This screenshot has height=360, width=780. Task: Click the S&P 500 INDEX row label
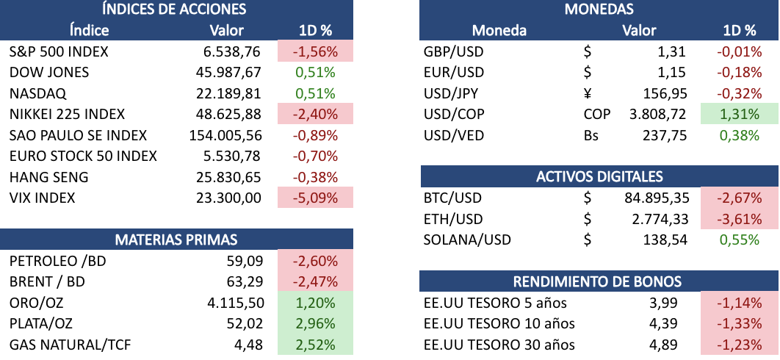click(x=59, y=51)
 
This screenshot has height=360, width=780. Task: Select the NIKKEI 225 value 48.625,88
click(x=231, y=115)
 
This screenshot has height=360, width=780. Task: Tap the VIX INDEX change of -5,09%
click(x=315, y=198)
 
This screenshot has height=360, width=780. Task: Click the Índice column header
click(x=89, y=30)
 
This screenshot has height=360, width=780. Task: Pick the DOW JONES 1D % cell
click(x=315, y=73)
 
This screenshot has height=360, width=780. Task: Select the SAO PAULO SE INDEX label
click(x=79, y=135)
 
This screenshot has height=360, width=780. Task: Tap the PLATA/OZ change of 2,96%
click(x=315, y=324)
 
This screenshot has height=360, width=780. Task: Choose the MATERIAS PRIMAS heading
click(x=176, y=240)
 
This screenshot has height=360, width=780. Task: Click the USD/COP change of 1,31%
click(x=739, y=115)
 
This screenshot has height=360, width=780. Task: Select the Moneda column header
click(x=499, y=30)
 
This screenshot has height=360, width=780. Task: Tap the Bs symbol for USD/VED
click(x=591, y=135)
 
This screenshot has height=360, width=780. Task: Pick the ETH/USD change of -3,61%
click(x=739, y=219)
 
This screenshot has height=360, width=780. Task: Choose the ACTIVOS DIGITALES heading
click(x=599, y=176)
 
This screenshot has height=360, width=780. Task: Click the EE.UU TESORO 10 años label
click(x=499, y=324)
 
